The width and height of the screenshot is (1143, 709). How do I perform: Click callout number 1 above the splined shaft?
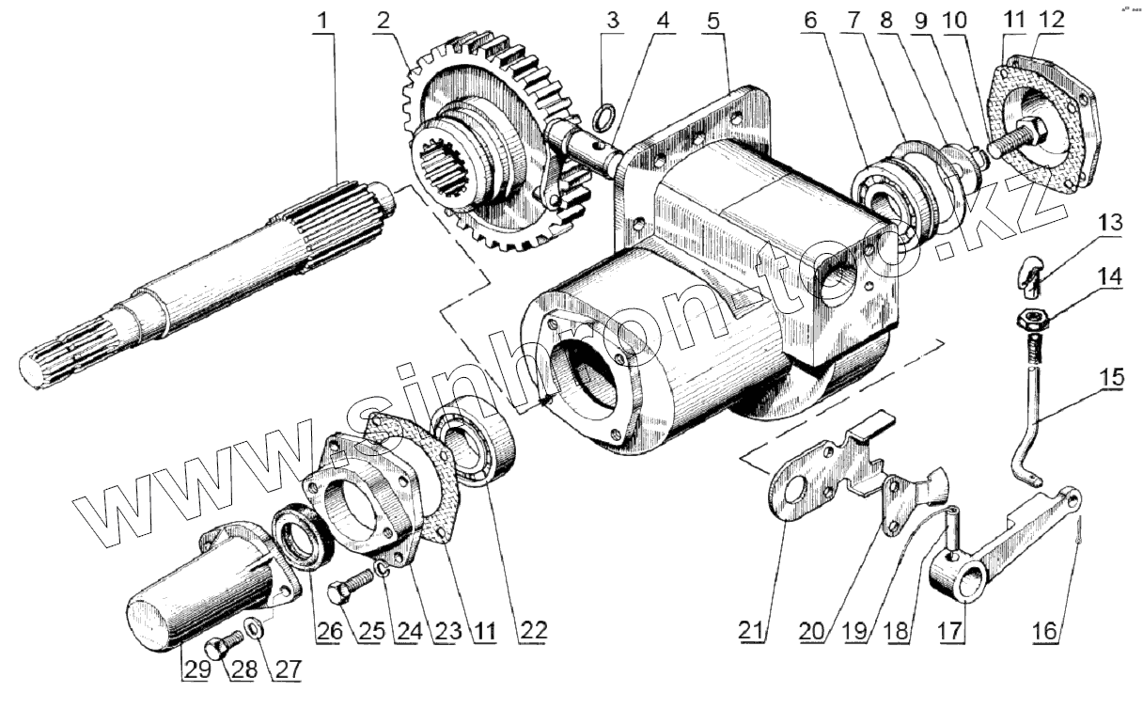pyautogui.click(x=324, y=18)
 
